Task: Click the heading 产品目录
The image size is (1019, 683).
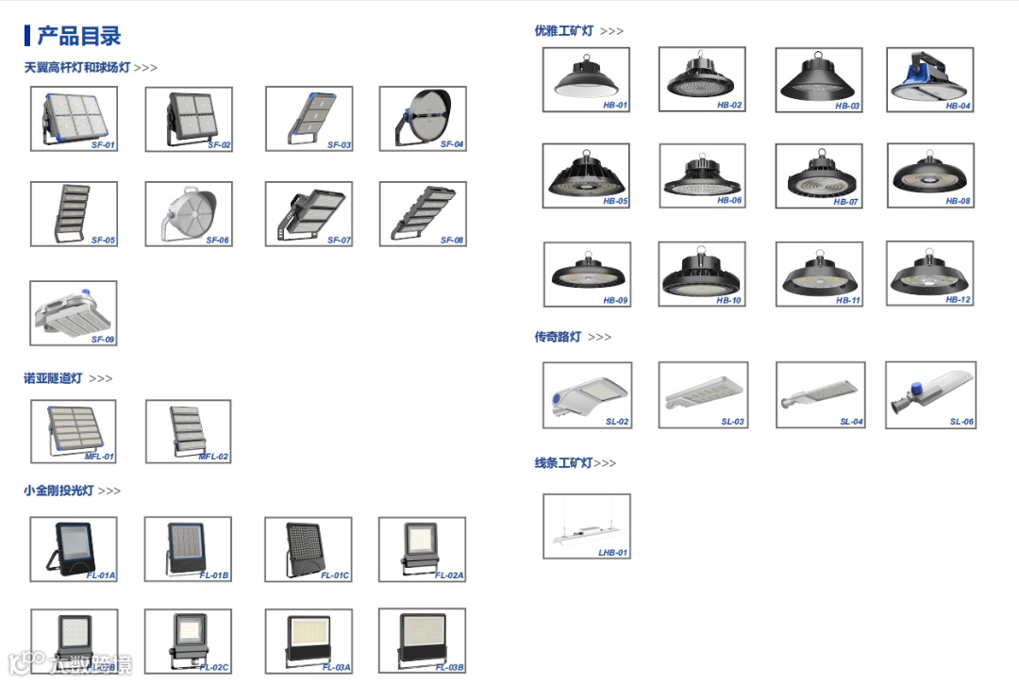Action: click(78, 37)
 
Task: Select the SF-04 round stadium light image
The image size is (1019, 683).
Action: click(423, 117)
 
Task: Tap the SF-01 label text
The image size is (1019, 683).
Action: click(103, 145)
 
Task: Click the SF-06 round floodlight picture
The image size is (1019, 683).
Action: click(188, 212)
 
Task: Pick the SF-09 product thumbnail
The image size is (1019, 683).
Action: click(74, 311)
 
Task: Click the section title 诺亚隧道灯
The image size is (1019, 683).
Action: click(53, 378)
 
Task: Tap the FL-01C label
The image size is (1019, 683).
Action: click(335, 575)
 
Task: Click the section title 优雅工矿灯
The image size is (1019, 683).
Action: click(564, 31)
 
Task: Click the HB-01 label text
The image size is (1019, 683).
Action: click(615, 106)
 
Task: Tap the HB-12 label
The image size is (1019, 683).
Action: click(958, 300)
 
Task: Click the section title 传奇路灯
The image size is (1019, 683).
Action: click(558, 337)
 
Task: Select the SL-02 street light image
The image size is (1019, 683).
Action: click(586, 393)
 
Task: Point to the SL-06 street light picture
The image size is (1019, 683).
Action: click(929, 393)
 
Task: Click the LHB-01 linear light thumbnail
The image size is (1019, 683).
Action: click(586, 525)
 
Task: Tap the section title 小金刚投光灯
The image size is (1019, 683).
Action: click(58, 491)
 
